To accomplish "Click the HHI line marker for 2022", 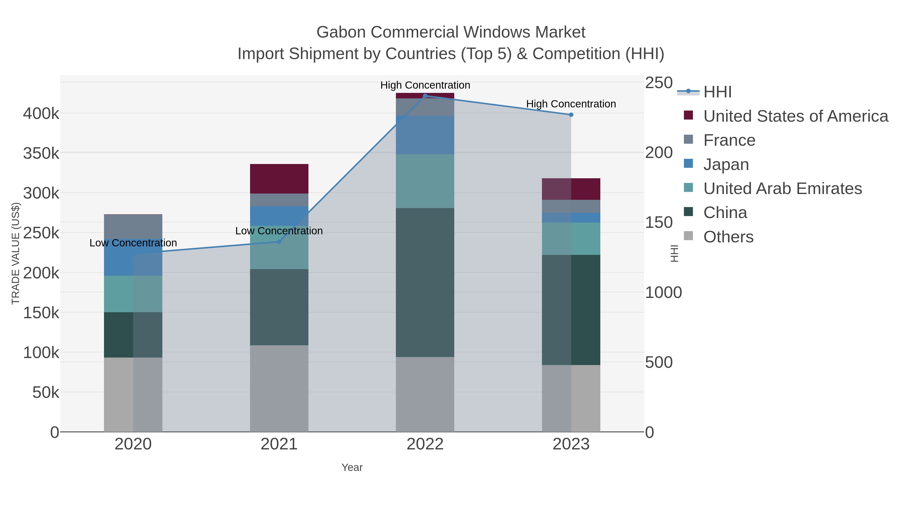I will (x=425, y=96).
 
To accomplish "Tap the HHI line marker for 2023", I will (x=571, y=115).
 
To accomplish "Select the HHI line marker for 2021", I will (x=279, y=242).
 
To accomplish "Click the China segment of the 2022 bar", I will (x=425, y=282).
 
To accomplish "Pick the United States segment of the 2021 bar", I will (x=279, y=179).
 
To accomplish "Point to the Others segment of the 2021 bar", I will (x=279, y=388).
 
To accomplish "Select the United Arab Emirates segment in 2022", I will (x=425, y=181).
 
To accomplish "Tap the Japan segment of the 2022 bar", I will (x=425, y=135).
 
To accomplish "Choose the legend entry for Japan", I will (x=726, y=164).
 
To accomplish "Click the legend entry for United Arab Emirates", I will (x=782, y=189).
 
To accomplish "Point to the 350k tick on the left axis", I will (x=41, y=153).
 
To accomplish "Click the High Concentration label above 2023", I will (x=571, y=104).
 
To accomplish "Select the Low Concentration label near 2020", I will (x=133, y=243).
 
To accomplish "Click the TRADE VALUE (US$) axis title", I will (x=16, y=253).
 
